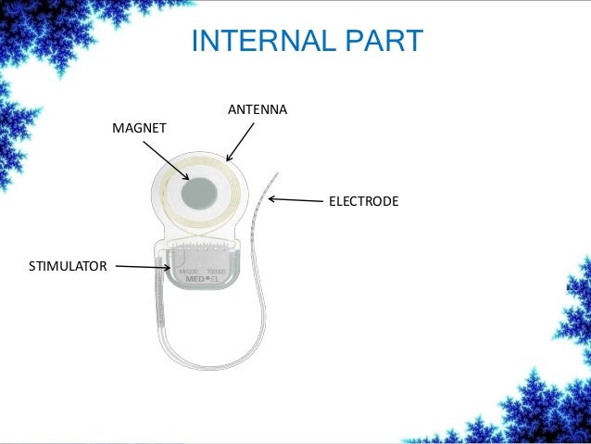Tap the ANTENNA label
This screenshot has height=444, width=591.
pyautogui.click(x=257, y=110)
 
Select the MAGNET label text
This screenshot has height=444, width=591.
pyautogui.click(x=139, y=127)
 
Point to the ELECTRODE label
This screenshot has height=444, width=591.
pyautogui.click(x=363, y=200)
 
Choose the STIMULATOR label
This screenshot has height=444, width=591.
pyautogui.click(x=69, y=268)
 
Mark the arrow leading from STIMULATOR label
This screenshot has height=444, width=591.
pyautogui.click(x=143, y=268)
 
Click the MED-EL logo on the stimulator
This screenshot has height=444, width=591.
pyautogui.click(x=197, y=277)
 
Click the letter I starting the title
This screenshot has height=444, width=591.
pyautogui.click(x=194, y=42)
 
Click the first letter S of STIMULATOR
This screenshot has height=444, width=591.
pyautogui.click(x=32, y=268)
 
